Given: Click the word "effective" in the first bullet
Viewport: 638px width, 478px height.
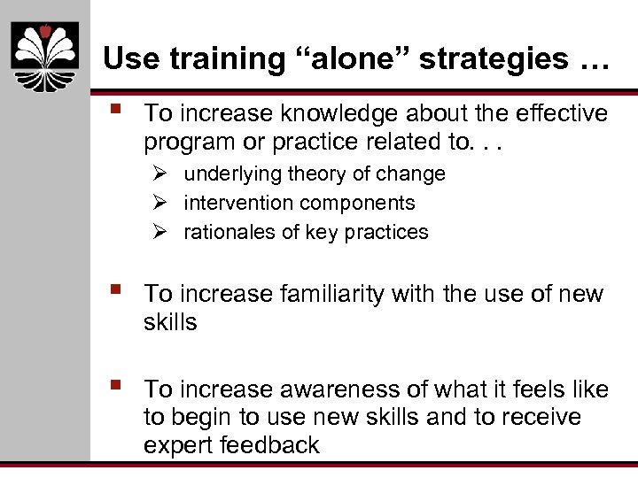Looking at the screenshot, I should click(x=552, y=113).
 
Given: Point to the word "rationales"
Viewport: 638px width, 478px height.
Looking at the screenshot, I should click(x=226, y=232).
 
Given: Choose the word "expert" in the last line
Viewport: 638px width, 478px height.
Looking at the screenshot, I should click(x=175, y=444).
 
